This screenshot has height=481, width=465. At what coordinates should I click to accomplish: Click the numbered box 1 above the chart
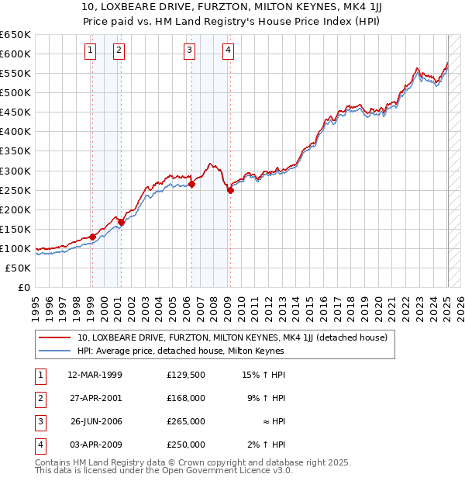[91, 51]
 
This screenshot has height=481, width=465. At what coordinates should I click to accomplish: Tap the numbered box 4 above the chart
[229, 51]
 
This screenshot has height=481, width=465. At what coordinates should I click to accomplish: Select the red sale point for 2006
[191, 184]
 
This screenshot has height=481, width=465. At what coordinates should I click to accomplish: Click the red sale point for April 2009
[230, 190]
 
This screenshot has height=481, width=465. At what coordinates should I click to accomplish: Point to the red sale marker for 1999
[92, 237]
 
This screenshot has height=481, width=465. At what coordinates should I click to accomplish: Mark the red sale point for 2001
[121, 222]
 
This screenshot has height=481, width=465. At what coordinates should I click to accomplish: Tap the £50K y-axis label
[18, 268]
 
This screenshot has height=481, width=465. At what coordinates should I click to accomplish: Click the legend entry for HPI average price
[181, 351]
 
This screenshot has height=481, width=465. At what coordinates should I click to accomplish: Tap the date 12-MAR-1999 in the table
[95, 375]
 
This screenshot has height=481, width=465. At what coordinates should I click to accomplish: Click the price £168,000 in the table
[186, 398]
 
